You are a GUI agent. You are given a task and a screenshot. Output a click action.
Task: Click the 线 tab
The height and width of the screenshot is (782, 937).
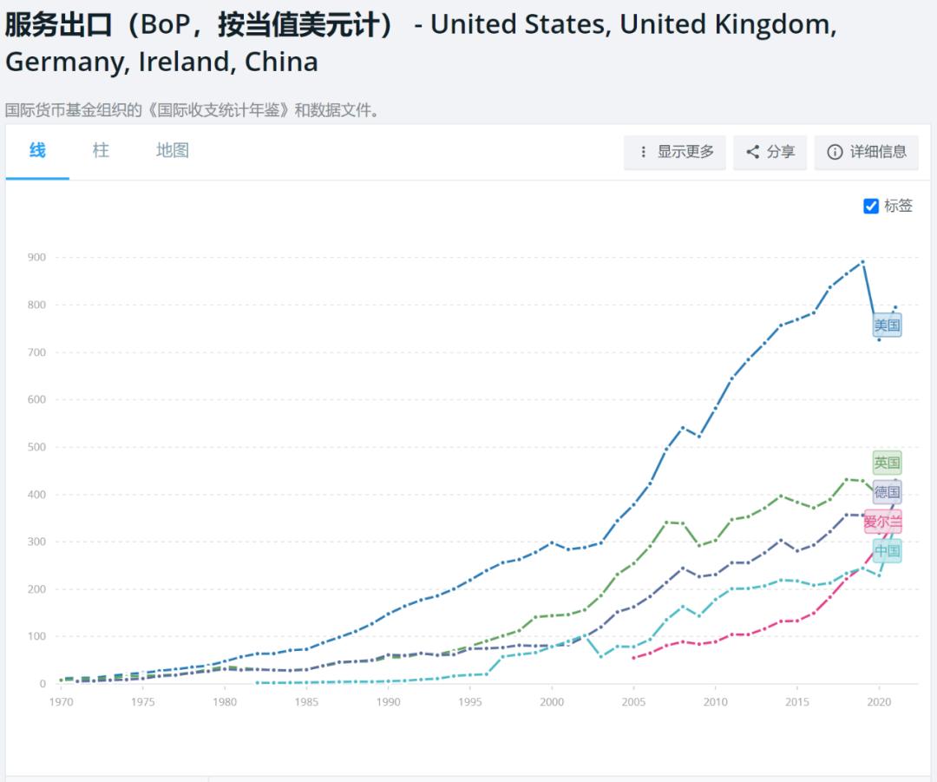click(37, 151)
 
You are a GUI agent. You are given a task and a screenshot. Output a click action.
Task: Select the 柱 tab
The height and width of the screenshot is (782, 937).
click(101, 151)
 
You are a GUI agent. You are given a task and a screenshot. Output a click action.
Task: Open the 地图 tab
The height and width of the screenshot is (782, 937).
click(173, 151)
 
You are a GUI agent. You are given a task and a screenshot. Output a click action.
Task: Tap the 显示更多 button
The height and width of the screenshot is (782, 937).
click(675, 152)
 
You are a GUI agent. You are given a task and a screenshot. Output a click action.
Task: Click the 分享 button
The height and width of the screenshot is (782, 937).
click(770, 152)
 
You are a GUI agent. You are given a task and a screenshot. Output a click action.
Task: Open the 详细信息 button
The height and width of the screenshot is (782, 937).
click(867, 152)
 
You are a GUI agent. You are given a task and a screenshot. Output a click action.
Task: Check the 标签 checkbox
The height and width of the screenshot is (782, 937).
click(872, 206)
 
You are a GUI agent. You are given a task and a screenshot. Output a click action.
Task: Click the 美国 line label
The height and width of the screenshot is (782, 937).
click(887, 325)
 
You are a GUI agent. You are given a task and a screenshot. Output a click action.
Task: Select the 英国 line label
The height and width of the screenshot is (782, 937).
click(887, 463)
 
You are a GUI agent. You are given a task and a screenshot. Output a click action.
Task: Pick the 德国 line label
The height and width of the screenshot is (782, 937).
click(887, 492)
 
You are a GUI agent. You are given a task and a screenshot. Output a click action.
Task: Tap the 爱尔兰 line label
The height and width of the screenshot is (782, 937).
click(883, 522)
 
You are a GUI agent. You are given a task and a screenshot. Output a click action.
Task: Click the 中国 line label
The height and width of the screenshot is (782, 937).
click(887, 551)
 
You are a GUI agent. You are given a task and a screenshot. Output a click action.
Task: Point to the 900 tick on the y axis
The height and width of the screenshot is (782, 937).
click(36, 258)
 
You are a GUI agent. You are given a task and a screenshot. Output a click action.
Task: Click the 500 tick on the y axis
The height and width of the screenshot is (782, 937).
click(36, 447)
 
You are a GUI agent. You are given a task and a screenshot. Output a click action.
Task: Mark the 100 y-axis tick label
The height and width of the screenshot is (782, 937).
click(36, 637)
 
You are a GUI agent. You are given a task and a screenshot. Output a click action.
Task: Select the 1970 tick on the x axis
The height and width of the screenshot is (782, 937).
click(61, 701)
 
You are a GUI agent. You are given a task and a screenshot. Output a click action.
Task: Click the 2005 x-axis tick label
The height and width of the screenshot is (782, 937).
click(633, 701)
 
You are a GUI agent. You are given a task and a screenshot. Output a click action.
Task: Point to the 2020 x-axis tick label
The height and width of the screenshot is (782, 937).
click(879, 701)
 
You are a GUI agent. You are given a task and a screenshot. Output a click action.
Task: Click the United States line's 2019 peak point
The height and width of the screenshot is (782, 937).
click(862, 261)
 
